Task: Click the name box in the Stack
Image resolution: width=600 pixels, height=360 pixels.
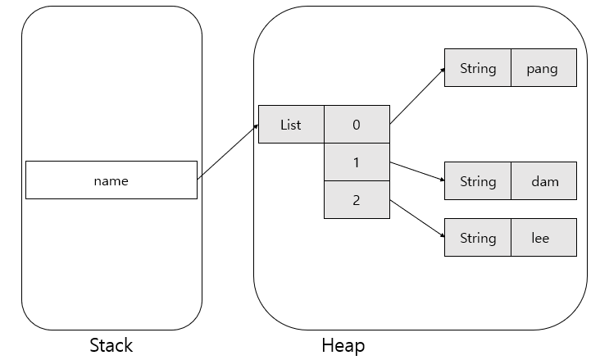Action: [111, 180]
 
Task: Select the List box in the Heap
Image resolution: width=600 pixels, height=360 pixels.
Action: [291, 124]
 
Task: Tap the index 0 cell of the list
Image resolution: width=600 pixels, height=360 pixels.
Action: [357, 124]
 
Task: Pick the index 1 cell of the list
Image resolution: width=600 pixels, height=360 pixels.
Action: [357, 162]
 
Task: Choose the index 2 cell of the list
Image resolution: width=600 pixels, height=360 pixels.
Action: [357, 199]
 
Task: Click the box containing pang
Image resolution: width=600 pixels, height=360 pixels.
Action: [543, 68]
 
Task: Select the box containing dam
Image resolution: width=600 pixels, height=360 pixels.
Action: [543, 180]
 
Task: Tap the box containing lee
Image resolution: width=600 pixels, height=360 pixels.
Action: [543, 238]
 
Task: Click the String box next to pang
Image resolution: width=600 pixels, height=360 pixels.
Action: [478, 68]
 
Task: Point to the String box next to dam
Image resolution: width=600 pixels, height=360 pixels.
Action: [478, 180]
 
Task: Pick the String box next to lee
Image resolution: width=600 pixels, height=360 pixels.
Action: [478, 238]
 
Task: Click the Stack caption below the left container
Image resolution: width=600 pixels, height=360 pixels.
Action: [111, 345]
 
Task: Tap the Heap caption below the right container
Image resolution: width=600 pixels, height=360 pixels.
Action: [343, 345]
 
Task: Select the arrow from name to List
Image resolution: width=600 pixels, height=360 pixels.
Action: [228, 152]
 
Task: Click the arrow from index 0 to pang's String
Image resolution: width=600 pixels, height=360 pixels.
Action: [417, 96]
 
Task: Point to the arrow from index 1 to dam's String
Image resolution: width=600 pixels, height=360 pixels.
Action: [417, 171]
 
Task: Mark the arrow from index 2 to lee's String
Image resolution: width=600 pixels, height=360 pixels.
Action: [417, 218]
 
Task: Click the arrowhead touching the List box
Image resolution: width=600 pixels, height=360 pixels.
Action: [257, 126]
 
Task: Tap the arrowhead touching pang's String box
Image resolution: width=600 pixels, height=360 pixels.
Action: [443, 70]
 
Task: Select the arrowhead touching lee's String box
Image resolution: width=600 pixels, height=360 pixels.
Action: [443, 235]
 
